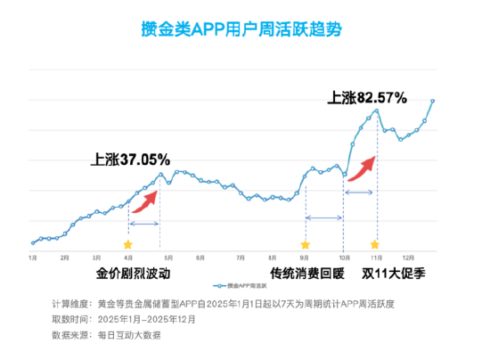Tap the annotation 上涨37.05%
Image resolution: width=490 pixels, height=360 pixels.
pos(130,160)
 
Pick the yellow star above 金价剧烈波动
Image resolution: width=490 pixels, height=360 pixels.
pos(127,243)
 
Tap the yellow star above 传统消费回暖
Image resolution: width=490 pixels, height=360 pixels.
pos(305,243)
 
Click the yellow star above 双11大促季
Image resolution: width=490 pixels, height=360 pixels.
pos(375,243)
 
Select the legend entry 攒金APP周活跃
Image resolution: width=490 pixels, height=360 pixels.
pos(238,286)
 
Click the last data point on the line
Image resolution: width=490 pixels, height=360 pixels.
pos(433,101)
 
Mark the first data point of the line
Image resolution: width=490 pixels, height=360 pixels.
pos(32,242)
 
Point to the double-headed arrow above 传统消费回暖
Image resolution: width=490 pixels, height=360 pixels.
pos(323,218)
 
